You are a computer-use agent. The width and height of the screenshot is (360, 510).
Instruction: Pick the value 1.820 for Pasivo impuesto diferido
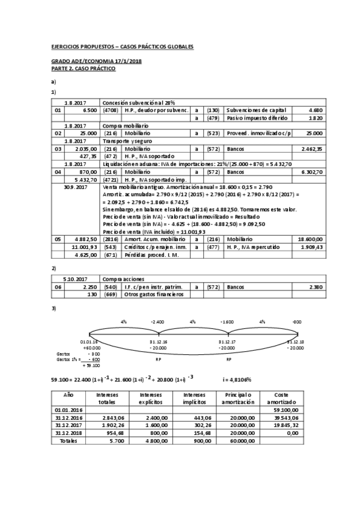coord(315,118)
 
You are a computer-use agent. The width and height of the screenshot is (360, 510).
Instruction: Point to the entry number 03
coord(58,148)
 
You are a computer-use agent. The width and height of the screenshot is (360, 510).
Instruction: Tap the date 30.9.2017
coord(76,187)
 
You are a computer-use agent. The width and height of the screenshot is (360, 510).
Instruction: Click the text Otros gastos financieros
coord(153,295)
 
